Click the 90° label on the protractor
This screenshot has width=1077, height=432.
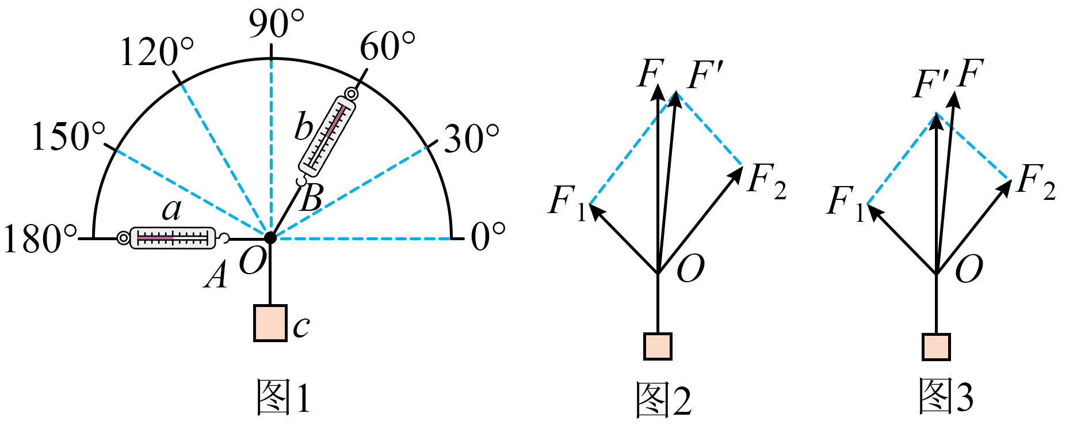(x=276, y=24)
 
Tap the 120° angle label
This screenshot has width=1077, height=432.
(x=156, y=52)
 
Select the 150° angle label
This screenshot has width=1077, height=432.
(x=68, y=137)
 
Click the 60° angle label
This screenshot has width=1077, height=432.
(x=387, y=46)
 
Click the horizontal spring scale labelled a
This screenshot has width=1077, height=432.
(x=173, y=238)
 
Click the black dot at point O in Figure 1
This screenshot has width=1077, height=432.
(x=270, y=237)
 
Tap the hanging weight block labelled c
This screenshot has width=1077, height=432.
(x=270, y=323)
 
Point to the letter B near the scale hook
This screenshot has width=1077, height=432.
(x=312, y=198)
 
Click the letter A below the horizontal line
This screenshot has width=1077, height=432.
(x=216, y=274)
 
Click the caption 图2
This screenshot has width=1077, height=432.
(x=663, y=399)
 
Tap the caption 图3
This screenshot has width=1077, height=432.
(x=945, y=396)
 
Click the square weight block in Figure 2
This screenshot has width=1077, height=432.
(x=658, y=346)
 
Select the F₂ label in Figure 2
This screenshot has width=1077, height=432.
(x=767, y=180)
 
